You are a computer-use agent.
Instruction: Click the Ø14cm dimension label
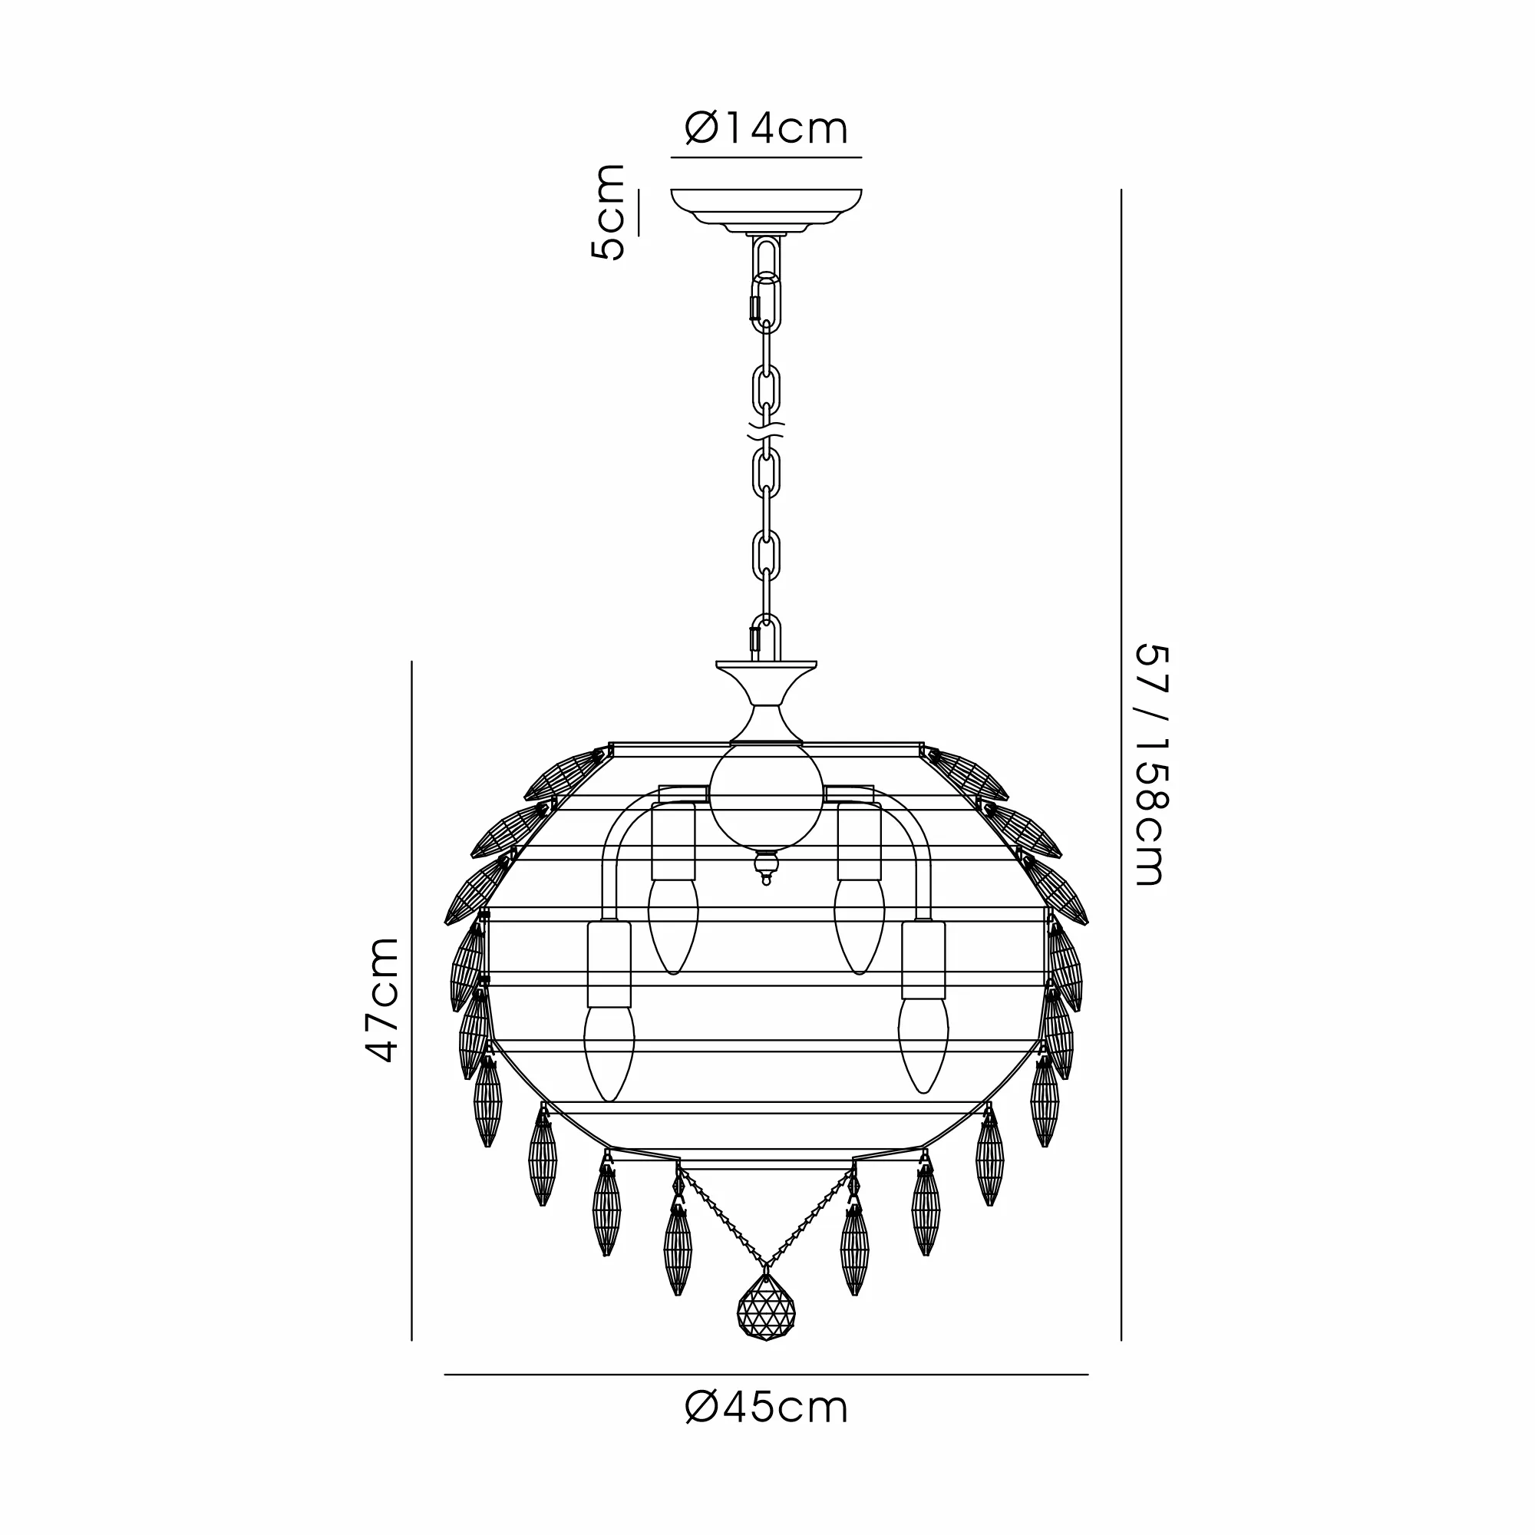(766, 129)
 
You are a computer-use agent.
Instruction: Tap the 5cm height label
(608, 212)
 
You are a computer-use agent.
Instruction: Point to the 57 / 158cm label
(1150, 765)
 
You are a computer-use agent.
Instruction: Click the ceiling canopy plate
(766, 206)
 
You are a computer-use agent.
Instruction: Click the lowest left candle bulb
(609, 1052)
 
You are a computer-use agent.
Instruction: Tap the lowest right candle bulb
(923, 1044)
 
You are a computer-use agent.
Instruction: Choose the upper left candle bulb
(674, 925)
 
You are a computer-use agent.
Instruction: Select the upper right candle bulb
(859, 925)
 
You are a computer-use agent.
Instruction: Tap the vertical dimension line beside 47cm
(411, 1001)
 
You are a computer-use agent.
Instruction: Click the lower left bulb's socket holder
(609, 964)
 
